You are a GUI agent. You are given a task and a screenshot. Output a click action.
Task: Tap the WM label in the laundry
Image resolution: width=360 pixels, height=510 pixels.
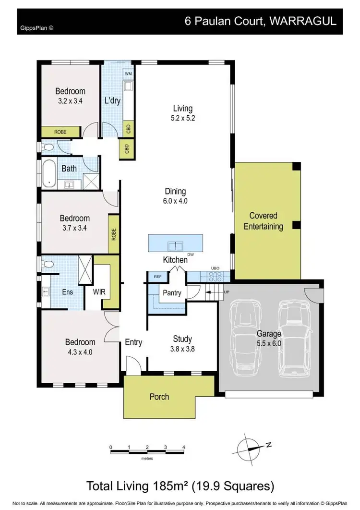(x=128, y=74)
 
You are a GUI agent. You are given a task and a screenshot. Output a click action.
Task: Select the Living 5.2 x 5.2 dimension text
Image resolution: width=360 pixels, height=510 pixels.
(x=183, y=118)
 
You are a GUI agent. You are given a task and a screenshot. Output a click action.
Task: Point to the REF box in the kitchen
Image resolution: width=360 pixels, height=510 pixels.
(x=157, y=277)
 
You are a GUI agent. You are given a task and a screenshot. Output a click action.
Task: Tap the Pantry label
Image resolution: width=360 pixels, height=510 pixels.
(x=172, y=292)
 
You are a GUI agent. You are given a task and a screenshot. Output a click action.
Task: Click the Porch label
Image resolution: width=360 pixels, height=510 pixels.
(x=159, y=397)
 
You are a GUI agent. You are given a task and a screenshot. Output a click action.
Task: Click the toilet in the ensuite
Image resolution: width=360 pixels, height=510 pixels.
(x=47, y=264)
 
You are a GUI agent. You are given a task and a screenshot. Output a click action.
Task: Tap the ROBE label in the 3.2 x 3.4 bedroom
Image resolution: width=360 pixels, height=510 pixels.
(x=60, y=132)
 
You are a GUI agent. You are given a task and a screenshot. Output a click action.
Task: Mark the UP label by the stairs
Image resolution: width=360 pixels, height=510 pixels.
(x=226, y=292)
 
